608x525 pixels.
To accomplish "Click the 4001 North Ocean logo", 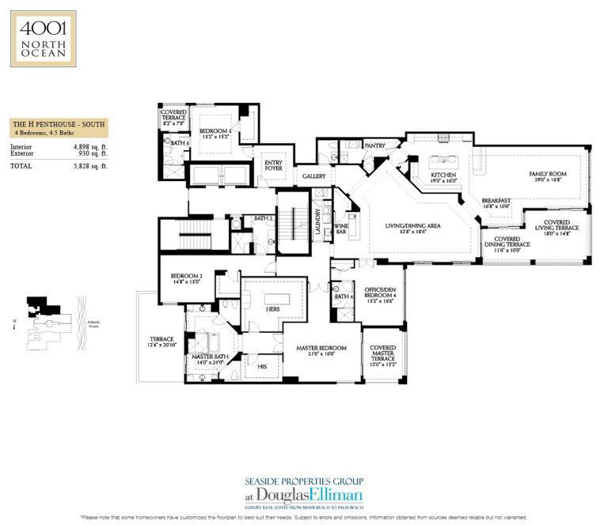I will pos(43,38).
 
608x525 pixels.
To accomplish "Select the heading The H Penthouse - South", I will pos(59,124).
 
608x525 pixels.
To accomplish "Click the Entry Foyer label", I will pos(274,165).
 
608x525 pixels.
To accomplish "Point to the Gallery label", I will pos(314,176).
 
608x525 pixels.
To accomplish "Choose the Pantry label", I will pos(374,145).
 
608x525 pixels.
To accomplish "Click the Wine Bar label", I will pos(342,229).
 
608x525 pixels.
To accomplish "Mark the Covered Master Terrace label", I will pos(382,353).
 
